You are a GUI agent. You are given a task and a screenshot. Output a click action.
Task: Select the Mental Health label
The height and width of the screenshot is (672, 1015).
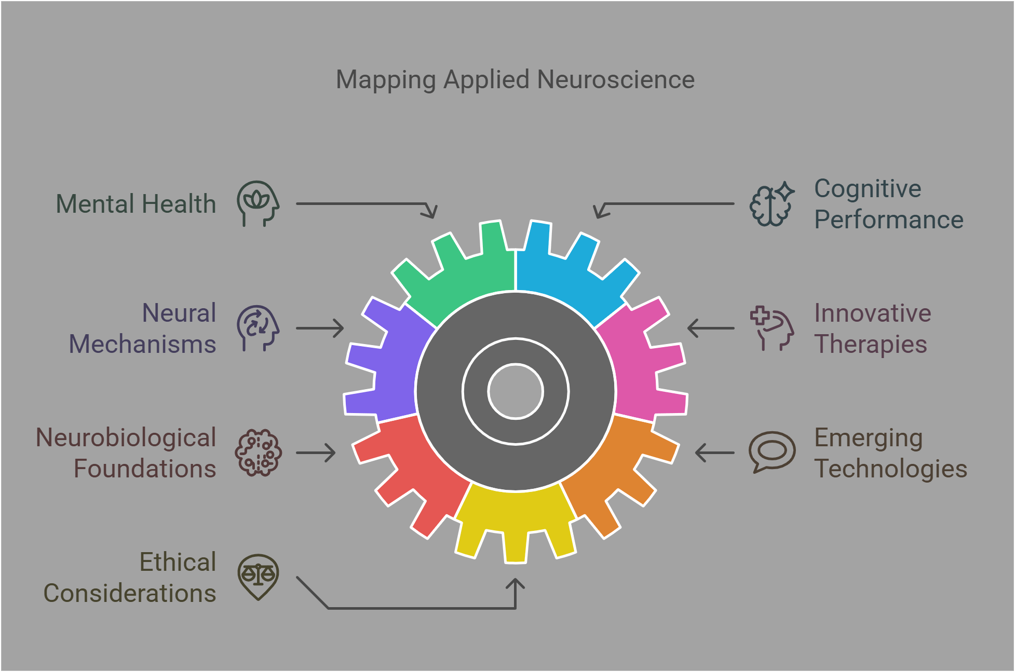point(136,204)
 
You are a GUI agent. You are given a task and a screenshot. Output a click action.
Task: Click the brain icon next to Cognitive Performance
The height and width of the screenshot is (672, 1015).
point(772,204)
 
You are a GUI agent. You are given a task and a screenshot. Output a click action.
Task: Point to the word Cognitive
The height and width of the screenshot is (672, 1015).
point(868,188)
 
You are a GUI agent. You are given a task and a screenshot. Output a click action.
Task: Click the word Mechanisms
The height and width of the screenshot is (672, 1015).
point(142,344)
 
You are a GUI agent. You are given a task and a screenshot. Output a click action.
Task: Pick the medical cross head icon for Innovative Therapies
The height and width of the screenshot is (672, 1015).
point(772,328)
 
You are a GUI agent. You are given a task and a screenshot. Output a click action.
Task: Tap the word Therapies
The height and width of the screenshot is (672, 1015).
point(870,344)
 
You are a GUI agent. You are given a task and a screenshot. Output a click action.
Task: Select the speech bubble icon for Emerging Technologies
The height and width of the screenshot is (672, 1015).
point(772,451)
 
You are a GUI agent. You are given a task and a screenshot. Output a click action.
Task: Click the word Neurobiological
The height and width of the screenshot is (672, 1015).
point(126,437)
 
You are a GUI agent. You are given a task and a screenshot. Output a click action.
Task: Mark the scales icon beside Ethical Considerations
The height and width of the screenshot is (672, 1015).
point(258,576)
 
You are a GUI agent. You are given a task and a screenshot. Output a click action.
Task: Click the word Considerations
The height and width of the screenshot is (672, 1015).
point(129,593)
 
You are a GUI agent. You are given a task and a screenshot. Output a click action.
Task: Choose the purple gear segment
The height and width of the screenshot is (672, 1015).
point(389,363)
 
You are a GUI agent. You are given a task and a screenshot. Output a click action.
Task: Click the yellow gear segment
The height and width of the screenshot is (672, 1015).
point(516,519)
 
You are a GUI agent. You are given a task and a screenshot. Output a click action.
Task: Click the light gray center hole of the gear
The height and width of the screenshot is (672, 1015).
point(516,391)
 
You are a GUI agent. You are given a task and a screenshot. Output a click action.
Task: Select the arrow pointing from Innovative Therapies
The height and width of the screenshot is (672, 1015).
point(711,328)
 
